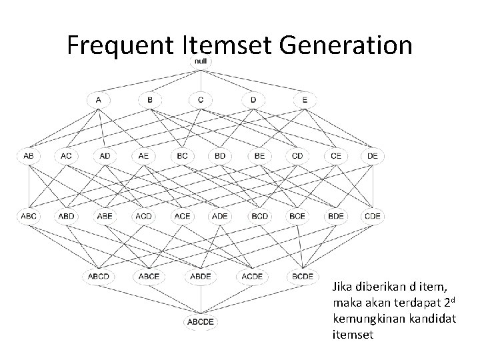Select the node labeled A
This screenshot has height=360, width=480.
tap(99, 100)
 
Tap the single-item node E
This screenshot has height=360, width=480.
tap(305, 100)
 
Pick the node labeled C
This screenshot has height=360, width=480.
tap(201, 100)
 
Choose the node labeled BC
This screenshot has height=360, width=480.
tap(181, 156)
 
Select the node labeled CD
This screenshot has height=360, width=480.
tap(297, 156)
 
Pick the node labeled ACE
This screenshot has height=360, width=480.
tap(181, 216)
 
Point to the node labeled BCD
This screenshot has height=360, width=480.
tap(258, 216)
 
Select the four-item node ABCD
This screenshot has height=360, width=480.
tap(99, 275)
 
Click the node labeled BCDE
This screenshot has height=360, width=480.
tap(305, 275)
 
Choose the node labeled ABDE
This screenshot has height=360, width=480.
tap(201, 275)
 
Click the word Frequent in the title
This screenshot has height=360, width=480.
tap(121, 45)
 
